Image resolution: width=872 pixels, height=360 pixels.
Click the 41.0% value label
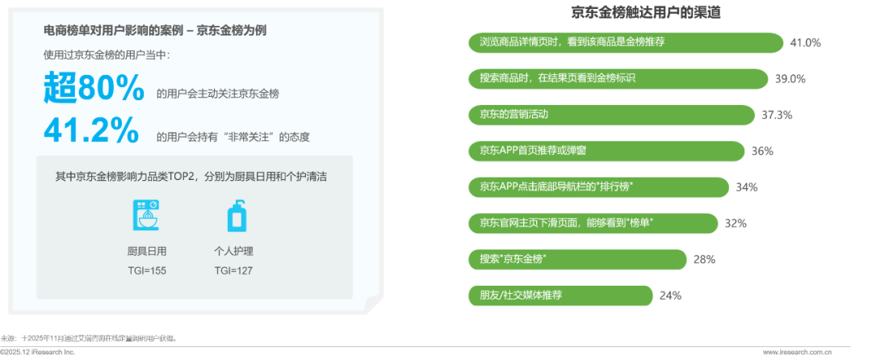tap(805, 43)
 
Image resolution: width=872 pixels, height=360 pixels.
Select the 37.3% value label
tap(777, 115)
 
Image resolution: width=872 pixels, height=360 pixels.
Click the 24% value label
tap(670, 295)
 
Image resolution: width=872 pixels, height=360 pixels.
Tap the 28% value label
tap(703, 260)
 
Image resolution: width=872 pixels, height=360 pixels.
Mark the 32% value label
tap(736, 224)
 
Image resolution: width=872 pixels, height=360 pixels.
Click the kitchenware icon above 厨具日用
tap(146, 217)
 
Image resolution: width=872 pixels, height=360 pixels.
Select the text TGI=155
tap(147, 270)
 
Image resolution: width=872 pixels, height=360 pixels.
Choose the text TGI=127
tap(235, 270)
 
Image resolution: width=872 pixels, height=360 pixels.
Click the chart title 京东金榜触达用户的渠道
tap(646, 13)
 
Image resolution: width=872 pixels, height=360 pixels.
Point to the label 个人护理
tap(235, 251)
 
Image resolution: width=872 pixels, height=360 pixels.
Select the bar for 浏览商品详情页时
tap(626, 43)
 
